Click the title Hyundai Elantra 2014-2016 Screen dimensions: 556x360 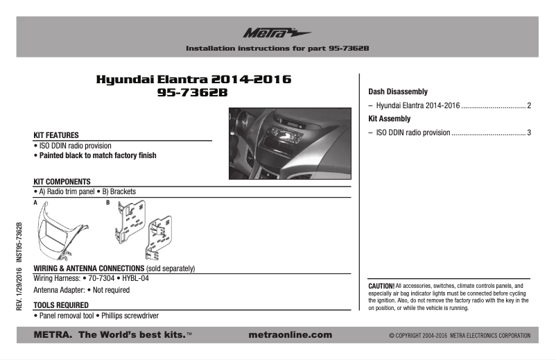point(193,80)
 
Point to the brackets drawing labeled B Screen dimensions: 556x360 point(146,229)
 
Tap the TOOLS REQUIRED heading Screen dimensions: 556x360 point(60,305)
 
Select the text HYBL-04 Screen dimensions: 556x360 point(135,278)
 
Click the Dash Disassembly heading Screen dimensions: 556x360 point(397,92)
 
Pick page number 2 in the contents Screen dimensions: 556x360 point(529,105)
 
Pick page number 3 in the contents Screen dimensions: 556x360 point(529,132)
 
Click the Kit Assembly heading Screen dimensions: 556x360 point(388,119)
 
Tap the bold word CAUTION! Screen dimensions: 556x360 point(381,286)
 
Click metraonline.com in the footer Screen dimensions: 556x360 point(289,335)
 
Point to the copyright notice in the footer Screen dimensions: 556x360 point(460,336)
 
